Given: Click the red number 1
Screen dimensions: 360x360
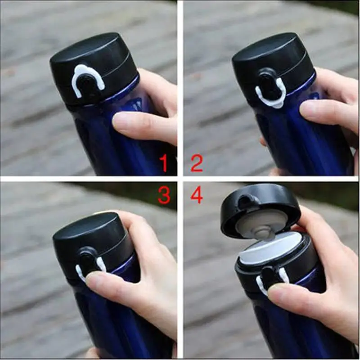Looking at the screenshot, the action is coord(164,163).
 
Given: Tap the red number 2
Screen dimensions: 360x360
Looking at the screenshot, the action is coord(197,163).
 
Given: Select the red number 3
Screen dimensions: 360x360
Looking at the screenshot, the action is coord(164,195).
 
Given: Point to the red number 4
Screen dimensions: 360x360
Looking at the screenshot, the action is coord(197,195).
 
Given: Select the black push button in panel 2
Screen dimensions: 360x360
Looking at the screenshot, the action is coord(269,86).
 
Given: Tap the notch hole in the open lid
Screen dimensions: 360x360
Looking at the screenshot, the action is coord(246,200).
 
